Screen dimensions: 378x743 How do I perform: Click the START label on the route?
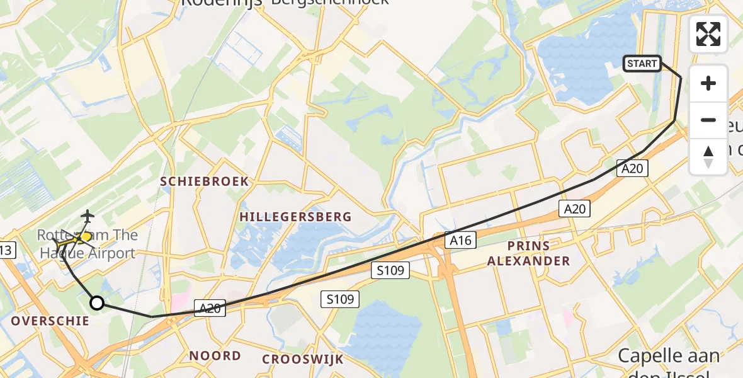point(642,63)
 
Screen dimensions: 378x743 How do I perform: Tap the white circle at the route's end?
point(97,303)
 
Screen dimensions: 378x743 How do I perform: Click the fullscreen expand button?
point(708,34)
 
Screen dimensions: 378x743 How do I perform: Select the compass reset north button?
point(708,156)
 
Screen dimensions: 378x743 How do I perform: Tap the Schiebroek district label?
point(205,181)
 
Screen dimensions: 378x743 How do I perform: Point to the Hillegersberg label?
point(295,217)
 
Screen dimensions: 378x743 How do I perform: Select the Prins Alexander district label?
point(528,253)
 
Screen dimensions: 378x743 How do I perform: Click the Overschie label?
point(50,321)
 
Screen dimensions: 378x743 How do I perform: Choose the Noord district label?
point(215,355)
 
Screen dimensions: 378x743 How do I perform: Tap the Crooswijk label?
point(303,359)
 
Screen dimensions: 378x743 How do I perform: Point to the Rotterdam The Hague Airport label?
point(87,244)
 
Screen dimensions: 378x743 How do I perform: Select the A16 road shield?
point(460,239)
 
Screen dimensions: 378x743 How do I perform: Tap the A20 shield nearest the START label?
point(632,168)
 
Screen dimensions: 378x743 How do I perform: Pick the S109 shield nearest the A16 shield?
point(390,271)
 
